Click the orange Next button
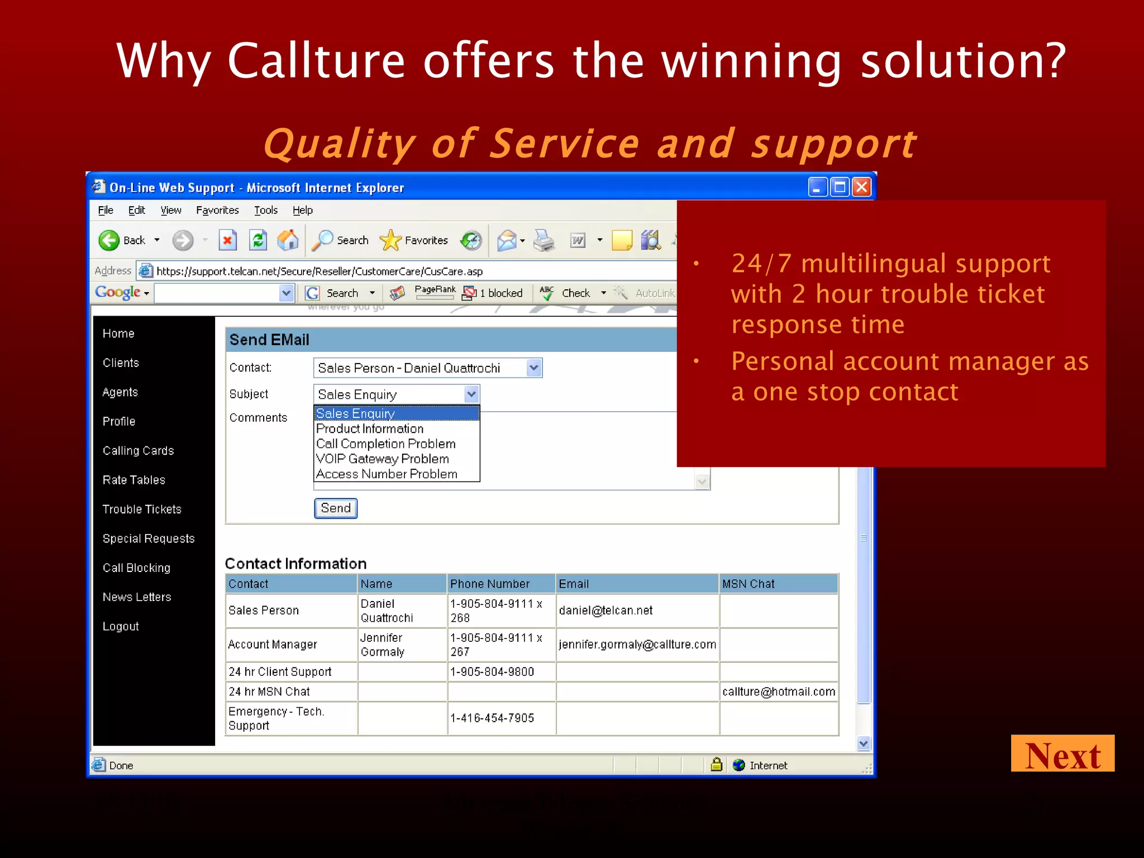pos(1062,754)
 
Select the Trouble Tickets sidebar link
pos(142,509)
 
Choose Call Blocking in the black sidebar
pos(136,568)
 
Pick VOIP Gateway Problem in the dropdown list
pos(383,459)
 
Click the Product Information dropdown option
pos(370,429)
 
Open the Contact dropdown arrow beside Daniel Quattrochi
pos(533,368)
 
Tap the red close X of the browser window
pos(861,187)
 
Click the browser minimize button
pos(817,187)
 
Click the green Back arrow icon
pos(109,241)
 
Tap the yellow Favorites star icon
pos(390,241)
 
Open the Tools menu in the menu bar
pos(265,211)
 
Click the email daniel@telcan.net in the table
pos(606,611)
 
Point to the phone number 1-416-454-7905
pos(492,718)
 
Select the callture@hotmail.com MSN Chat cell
pos(778,692)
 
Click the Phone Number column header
pos(490,584)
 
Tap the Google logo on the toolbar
pos(117,293)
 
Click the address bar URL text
pos(320,271)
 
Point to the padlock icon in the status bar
pos(716,765)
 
